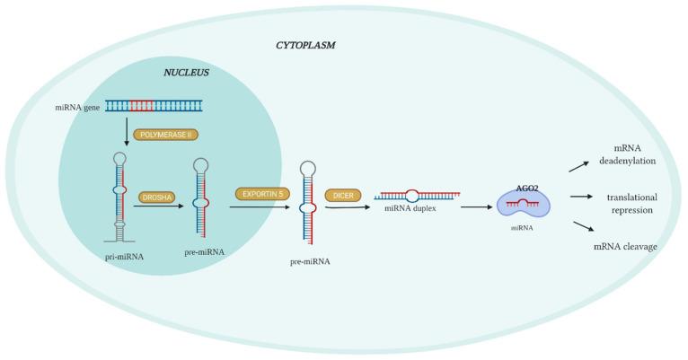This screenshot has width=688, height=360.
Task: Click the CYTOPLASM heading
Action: (305, 45)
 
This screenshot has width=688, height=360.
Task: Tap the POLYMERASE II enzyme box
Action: (165, 135)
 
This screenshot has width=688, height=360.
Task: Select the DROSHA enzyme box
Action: (158, 197)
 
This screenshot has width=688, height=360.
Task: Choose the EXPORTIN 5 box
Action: (262, 193)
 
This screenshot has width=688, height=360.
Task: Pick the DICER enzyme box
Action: (342, 195)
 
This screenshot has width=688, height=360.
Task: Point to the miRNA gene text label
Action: (78, 107)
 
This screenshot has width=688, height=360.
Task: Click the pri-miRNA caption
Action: (124, 256)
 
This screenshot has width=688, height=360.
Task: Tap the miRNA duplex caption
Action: (410, 209)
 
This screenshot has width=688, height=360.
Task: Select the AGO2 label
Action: (527, 189)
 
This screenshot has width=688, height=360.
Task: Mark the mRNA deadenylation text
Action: (627, 155)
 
